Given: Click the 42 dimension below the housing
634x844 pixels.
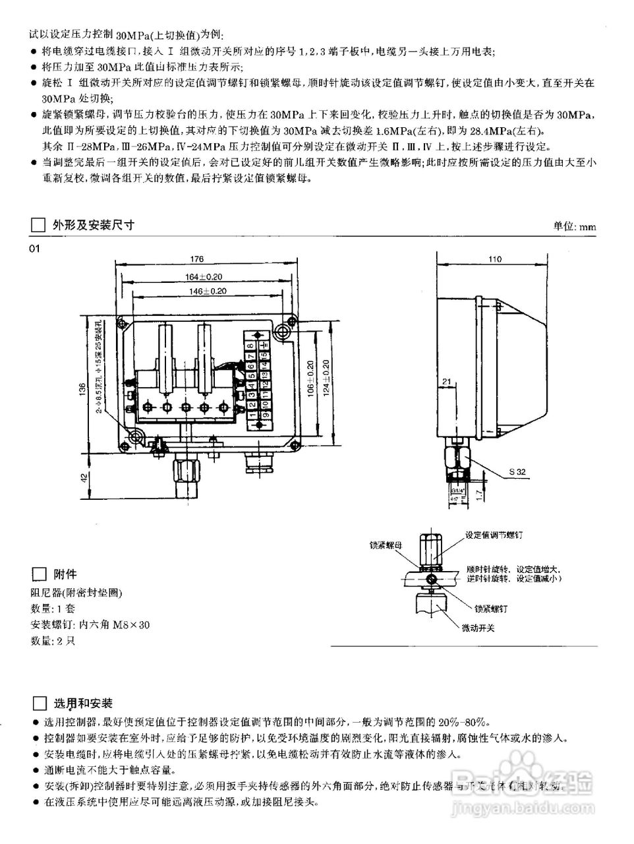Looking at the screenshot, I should pos(82,477).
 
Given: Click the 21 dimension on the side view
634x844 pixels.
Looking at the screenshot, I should pos(447,382).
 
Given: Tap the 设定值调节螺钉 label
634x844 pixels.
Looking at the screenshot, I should pos(494,534).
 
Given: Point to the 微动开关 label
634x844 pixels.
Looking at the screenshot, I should pos(478,627).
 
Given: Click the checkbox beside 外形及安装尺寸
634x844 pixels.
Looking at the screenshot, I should pos(38,225).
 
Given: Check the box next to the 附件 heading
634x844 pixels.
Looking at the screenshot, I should pos(38,574).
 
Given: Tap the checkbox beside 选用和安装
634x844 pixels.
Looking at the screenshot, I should pos(38,703).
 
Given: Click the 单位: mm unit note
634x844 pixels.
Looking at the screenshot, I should pos(574,226).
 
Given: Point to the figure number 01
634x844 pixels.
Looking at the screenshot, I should pos(34,248).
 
